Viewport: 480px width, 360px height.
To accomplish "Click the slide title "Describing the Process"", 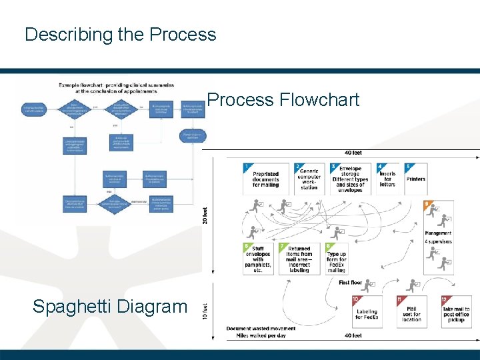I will [x=120, y=35].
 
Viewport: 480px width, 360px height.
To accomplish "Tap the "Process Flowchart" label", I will [x=283, y=100].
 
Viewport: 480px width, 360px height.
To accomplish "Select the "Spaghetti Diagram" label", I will [x=110, y=307].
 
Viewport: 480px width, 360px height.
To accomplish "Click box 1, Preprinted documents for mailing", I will [x=265, y=179].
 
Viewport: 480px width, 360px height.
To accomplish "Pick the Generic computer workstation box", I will [x=309, y=179].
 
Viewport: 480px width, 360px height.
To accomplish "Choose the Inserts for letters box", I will [x=387, y=179].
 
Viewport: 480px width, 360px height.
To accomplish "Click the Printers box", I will [x=415, y=179].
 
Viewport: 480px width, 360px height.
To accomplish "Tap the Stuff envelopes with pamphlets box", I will [x=258, y=259].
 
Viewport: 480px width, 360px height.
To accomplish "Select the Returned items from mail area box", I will [x=299, y=259].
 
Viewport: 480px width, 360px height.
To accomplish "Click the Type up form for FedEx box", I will [x=337, y=259].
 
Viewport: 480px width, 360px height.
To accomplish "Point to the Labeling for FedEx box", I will [x=366, y=313].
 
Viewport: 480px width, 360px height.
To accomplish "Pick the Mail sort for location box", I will [x=411, y=313].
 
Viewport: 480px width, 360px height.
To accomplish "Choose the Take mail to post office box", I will [x=456, y=313].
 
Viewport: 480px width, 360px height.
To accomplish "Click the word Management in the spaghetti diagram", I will [x=438, y=233].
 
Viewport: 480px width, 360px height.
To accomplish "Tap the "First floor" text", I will [x=351, y=283].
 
